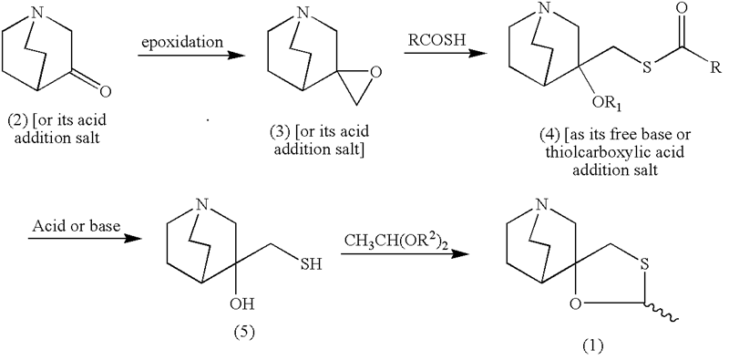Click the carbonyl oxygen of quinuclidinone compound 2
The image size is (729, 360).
(x=105, y=91)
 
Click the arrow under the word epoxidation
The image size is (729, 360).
(x=190, y=57)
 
